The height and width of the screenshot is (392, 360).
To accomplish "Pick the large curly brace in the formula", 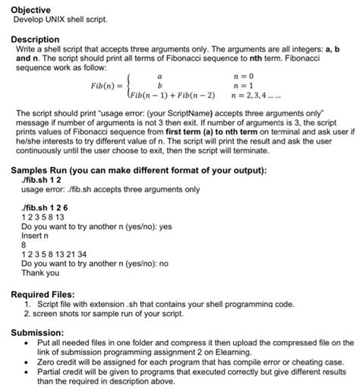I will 131,87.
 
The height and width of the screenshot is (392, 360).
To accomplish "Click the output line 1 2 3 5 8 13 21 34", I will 55,254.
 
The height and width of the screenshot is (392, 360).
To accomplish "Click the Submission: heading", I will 39,331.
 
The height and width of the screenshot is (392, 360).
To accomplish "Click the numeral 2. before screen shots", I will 29,311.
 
